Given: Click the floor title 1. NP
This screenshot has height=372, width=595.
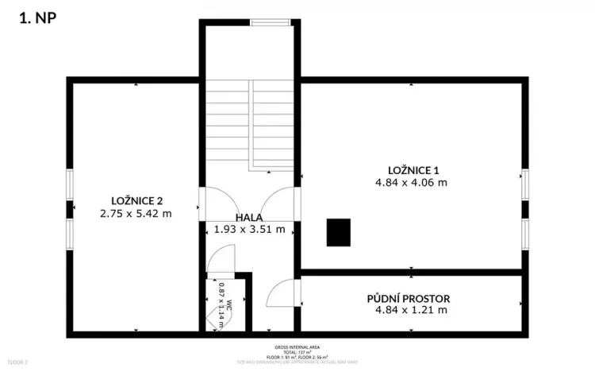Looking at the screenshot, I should pos(37,17).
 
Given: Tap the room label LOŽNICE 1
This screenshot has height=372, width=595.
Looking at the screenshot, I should pos(413,169).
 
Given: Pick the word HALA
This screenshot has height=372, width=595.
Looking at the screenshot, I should pos(249,216).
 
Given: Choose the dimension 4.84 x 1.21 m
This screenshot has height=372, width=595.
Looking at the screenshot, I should pos(411,310).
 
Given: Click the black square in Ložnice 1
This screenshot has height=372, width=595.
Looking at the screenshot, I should pos(339,232).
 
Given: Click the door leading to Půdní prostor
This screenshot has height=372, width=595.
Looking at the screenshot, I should pos(282,294).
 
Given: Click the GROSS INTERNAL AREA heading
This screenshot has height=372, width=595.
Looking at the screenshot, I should pos(297,347).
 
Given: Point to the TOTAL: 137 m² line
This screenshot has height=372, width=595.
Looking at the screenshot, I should pos(297,353).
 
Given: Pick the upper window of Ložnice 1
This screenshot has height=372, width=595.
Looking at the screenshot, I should pos(525,184).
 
